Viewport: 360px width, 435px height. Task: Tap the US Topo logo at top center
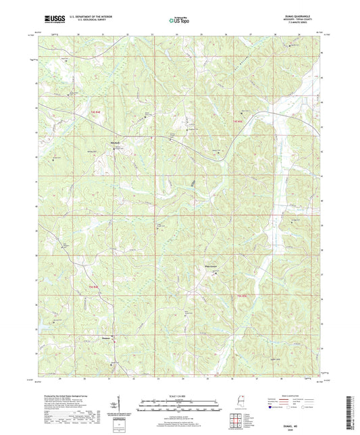[180, 20]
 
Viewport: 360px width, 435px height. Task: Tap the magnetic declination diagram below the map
[120, 409]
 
